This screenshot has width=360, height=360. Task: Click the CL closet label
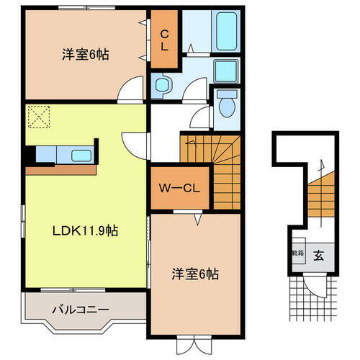pos(164,40)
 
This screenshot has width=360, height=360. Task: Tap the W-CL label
pos(180,189)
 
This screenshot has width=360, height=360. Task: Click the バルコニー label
pos(80,310)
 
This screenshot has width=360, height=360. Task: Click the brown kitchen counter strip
pos(60,170)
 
